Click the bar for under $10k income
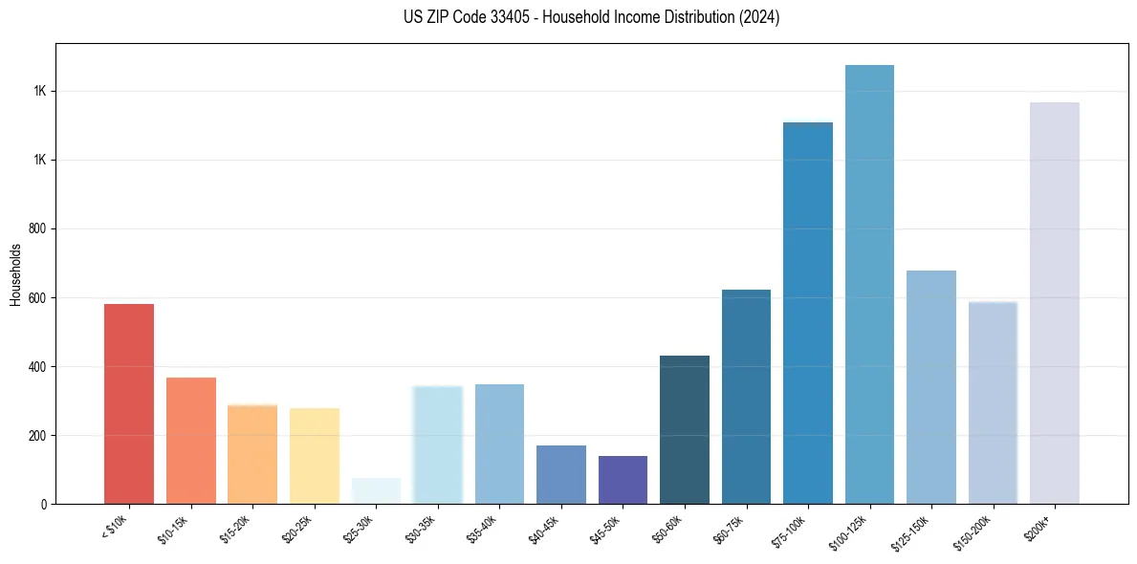point(129,403)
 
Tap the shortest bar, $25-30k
point(376,490)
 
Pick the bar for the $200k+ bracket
point(1054,303)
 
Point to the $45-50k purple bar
point(623,480)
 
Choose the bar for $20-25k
point(315,456)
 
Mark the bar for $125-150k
point(931,387)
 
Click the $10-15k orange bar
point(191,441)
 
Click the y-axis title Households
point(16,274)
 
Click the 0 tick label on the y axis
point(44,504)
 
